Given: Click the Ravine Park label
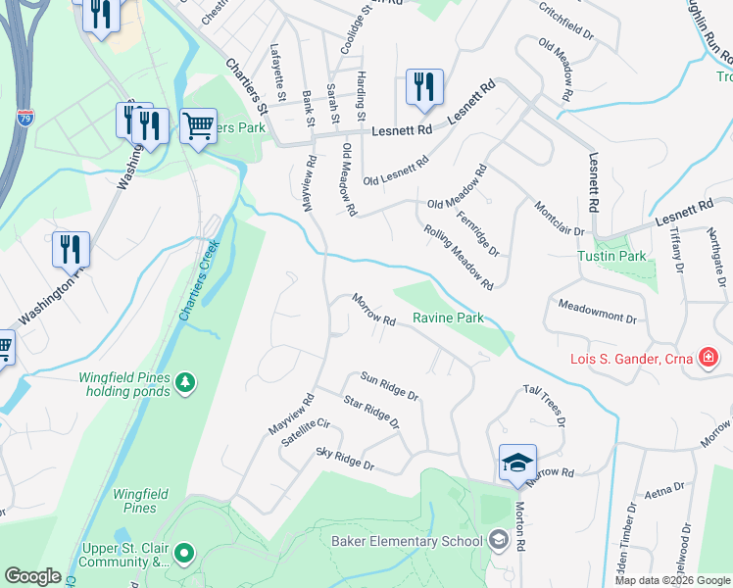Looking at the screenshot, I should point(447,318).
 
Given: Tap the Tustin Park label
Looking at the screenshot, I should point(626,256).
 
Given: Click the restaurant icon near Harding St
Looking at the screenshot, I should point(424,87).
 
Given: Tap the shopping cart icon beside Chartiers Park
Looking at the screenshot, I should point(199,125).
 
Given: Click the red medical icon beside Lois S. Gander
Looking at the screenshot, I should point(707,358).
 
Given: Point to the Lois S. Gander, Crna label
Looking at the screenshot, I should point(631,359).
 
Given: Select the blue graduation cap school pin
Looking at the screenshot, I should point(517,463).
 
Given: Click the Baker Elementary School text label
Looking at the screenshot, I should point(407,541).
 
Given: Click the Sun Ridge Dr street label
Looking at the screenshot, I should point(389,386).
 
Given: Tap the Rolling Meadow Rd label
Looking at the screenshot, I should point(458,257).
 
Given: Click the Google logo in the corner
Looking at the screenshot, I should point(32,575).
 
